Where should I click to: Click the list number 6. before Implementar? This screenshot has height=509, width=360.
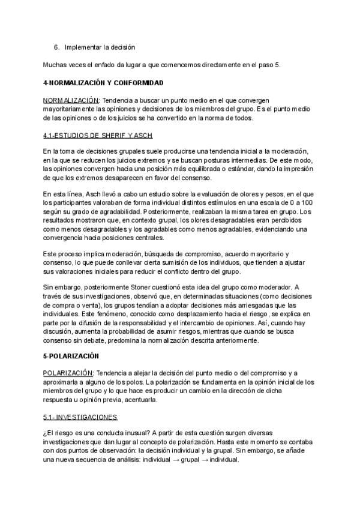tap(56, 47)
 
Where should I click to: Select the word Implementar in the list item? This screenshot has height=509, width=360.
tap(83, 47)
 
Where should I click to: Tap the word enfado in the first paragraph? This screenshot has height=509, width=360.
tap(95, 64)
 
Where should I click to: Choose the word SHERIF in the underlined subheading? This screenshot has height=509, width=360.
tap(103, 134)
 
